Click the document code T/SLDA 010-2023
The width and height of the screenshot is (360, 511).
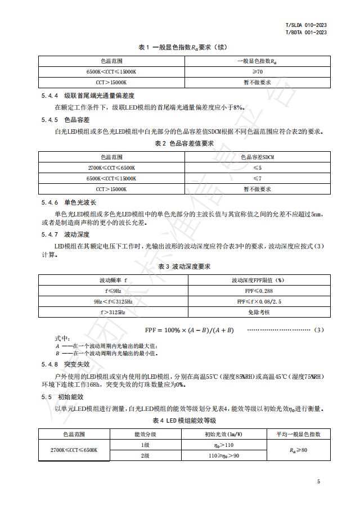point(307,25)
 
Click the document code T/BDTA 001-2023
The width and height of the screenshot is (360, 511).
point(307,33)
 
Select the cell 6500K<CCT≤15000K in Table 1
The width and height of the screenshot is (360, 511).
point(111,72)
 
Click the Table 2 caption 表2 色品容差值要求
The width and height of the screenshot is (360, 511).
point(184,143)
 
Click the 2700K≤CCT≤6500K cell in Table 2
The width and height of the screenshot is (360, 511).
point(111,168)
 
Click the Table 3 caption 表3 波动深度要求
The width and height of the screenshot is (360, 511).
point(184,266)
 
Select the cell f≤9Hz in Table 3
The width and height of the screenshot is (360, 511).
point(112,291)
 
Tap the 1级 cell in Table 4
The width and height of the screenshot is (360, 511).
point(145,445)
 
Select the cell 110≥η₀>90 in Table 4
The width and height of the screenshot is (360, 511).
point(223,455)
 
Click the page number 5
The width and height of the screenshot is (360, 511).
point(318,482)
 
